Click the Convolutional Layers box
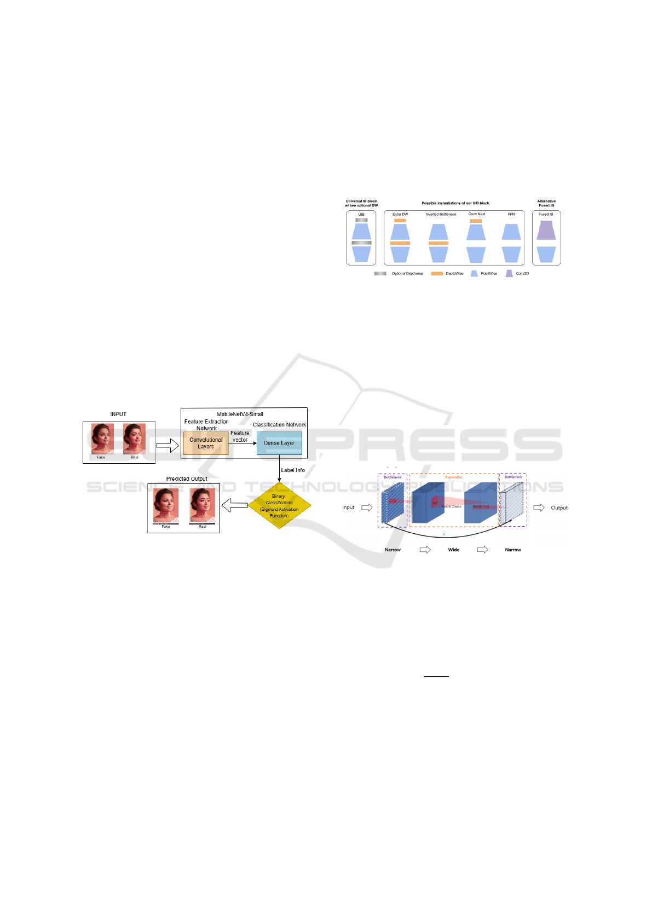(x=206, y=443)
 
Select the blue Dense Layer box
(x=279, y=443)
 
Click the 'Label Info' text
(x=293, y=470)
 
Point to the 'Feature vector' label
(x=240, y=436)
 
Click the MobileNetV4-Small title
(x=240, y=414)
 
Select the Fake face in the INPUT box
(x=102, y=439)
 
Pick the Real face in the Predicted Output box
(x=202, y=505)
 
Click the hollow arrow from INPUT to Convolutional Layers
(x=168, y=446)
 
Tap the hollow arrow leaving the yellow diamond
(x=235, y=505)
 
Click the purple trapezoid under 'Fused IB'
(x=546, y=231)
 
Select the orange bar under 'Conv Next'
(x=476, y=221)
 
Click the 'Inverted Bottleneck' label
(x=441, y=214)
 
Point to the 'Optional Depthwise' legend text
(x=407, y=273)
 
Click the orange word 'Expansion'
(x=453, y=477)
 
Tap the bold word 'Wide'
(x=454, y=550)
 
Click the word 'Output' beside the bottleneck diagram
(x=559, y=508)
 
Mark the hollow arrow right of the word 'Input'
(x=367, y=508)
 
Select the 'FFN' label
(x=511, y=214)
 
